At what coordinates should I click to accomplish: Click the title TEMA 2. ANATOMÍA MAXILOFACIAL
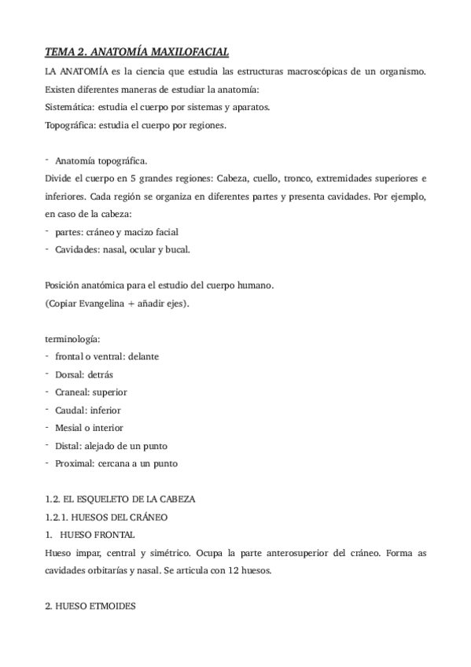pos(137,53)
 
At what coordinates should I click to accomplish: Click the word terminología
pos(72,338)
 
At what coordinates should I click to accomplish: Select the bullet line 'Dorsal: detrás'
pos(83,374)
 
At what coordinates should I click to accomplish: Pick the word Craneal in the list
pos(72,392)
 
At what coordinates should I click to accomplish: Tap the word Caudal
pos(71,411)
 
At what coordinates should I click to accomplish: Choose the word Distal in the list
pos(68,446)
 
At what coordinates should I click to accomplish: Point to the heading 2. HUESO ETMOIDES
pos(91,606)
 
